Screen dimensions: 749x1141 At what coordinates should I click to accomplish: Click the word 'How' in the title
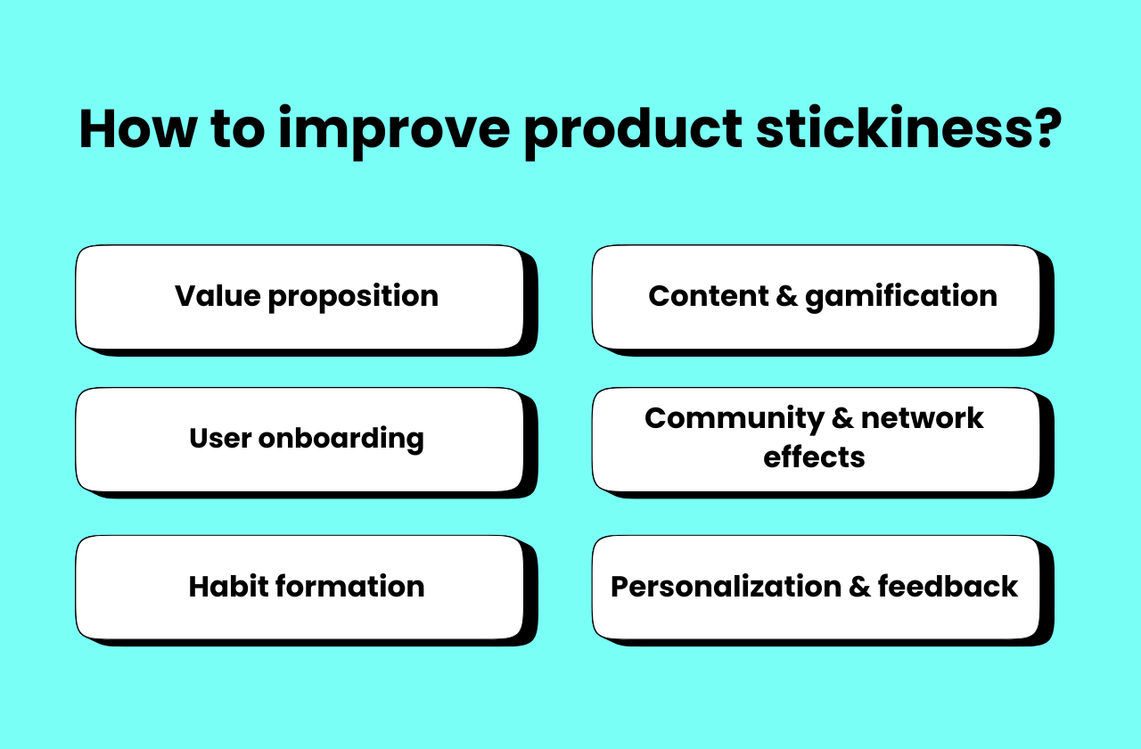pyautogui.click(x=135, y=128)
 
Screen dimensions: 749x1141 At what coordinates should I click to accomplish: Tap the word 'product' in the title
pyautogui.click(x=633, y=128)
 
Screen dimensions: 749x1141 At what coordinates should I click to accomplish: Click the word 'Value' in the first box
pyautogui.click(x=218, y=296)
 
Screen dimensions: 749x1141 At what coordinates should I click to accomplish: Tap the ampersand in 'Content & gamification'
pyautogui.click(x=787, y=296)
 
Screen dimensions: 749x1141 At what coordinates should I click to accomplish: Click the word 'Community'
pyautogui.click(x=722, y=418)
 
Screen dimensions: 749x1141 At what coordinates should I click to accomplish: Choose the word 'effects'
pyautogui.click(x=814, y=457)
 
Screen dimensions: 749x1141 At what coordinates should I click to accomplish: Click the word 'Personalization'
pyautogui.click(x=726, y=587)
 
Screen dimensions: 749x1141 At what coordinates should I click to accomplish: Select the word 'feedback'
pyautogui.click(x=948, y=587)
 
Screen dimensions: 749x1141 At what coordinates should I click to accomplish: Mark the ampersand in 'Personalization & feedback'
pyautogui.click(x=859, y=587)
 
